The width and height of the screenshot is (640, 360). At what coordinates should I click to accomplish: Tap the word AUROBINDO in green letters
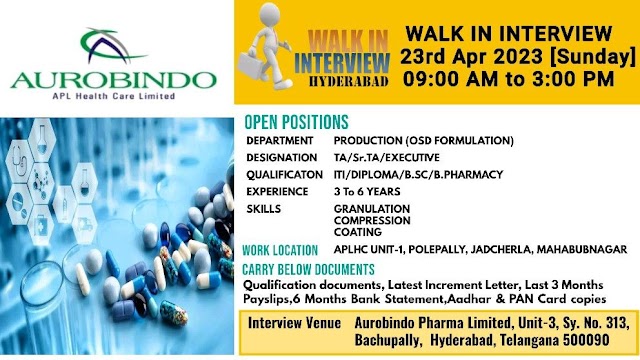[x=113, y=80]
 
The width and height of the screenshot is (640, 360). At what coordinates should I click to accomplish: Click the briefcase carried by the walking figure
[x=251, y=65]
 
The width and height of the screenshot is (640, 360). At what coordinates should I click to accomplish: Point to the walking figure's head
[x=269, y=14]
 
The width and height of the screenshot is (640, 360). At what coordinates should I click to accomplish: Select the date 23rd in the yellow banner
[x=427, y=56]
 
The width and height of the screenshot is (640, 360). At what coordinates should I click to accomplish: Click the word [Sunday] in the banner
[x=593, y=56]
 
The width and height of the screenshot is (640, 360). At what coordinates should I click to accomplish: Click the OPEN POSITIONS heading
[x=296, y=122]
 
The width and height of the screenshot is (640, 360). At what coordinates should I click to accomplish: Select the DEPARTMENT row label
[x=280, y=140]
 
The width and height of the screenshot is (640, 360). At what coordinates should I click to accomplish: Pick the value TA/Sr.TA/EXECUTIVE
[x=387, y=158]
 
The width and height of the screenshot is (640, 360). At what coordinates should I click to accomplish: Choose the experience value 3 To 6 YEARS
[x=367, y=191]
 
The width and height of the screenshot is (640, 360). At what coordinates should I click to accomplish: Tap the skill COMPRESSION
[x=372, y=220]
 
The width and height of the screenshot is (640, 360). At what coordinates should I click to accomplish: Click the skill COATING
[x=358, y=232]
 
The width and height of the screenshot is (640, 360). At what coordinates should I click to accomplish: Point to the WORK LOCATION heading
[x=280, y=250]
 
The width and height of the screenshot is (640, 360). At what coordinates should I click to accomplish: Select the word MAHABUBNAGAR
[x=582, y=249]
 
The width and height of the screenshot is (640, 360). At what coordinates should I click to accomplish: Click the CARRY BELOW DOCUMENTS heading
[x=308, y=269]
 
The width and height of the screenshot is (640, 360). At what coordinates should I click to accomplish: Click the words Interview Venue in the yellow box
[x=294, y=323]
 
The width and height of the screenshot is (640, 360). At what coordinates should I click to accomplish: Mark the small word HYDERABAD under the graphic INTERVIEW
[x=348, y=81]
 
